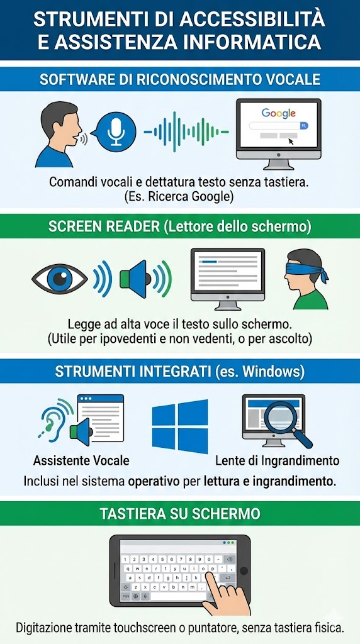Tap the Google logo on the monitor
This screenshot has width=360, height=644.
pos(279,113)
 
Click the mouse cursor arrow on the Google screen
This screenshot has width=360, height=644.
pos(291,142)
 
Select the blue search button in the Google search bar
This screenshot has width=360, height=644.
pos(304,126)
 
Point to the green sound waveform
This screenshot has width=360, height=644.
pos(186,132)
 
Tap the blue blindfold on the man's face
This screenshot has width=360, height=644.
pos(306,272)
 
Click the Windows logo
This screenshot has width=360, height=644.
pos(180,426)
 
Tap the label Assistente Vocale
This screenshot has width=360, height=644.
pos(81,460)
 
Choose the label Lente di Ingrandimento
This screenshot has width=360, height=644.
pos(278,460)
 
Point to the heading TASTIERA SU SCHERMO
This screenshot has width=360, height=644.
pos(180,514)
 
